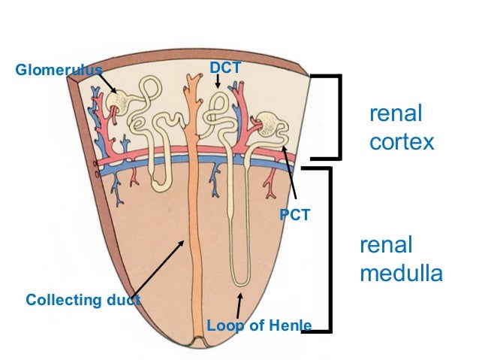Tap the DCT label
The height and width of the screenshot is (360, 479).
pos(224,68)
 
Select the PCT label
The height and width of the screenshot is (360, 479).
pos(294,215)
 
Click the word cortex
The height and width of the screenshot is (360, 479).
pos(402,142)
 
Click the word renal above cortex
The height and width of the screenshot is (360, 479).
pos(396,114)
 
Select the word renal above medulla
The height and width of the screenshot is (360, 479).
pos(386,246)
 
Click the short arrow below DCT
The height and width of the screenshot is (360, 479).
pos(218,82)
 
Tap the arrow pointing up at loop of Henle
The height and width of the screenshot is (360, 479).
pos(239,305)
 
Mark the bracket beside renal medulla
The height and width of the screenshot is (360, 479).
pos(327,248)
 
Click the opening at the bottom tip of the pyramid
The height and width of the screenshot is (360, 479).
pos(199,344)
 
